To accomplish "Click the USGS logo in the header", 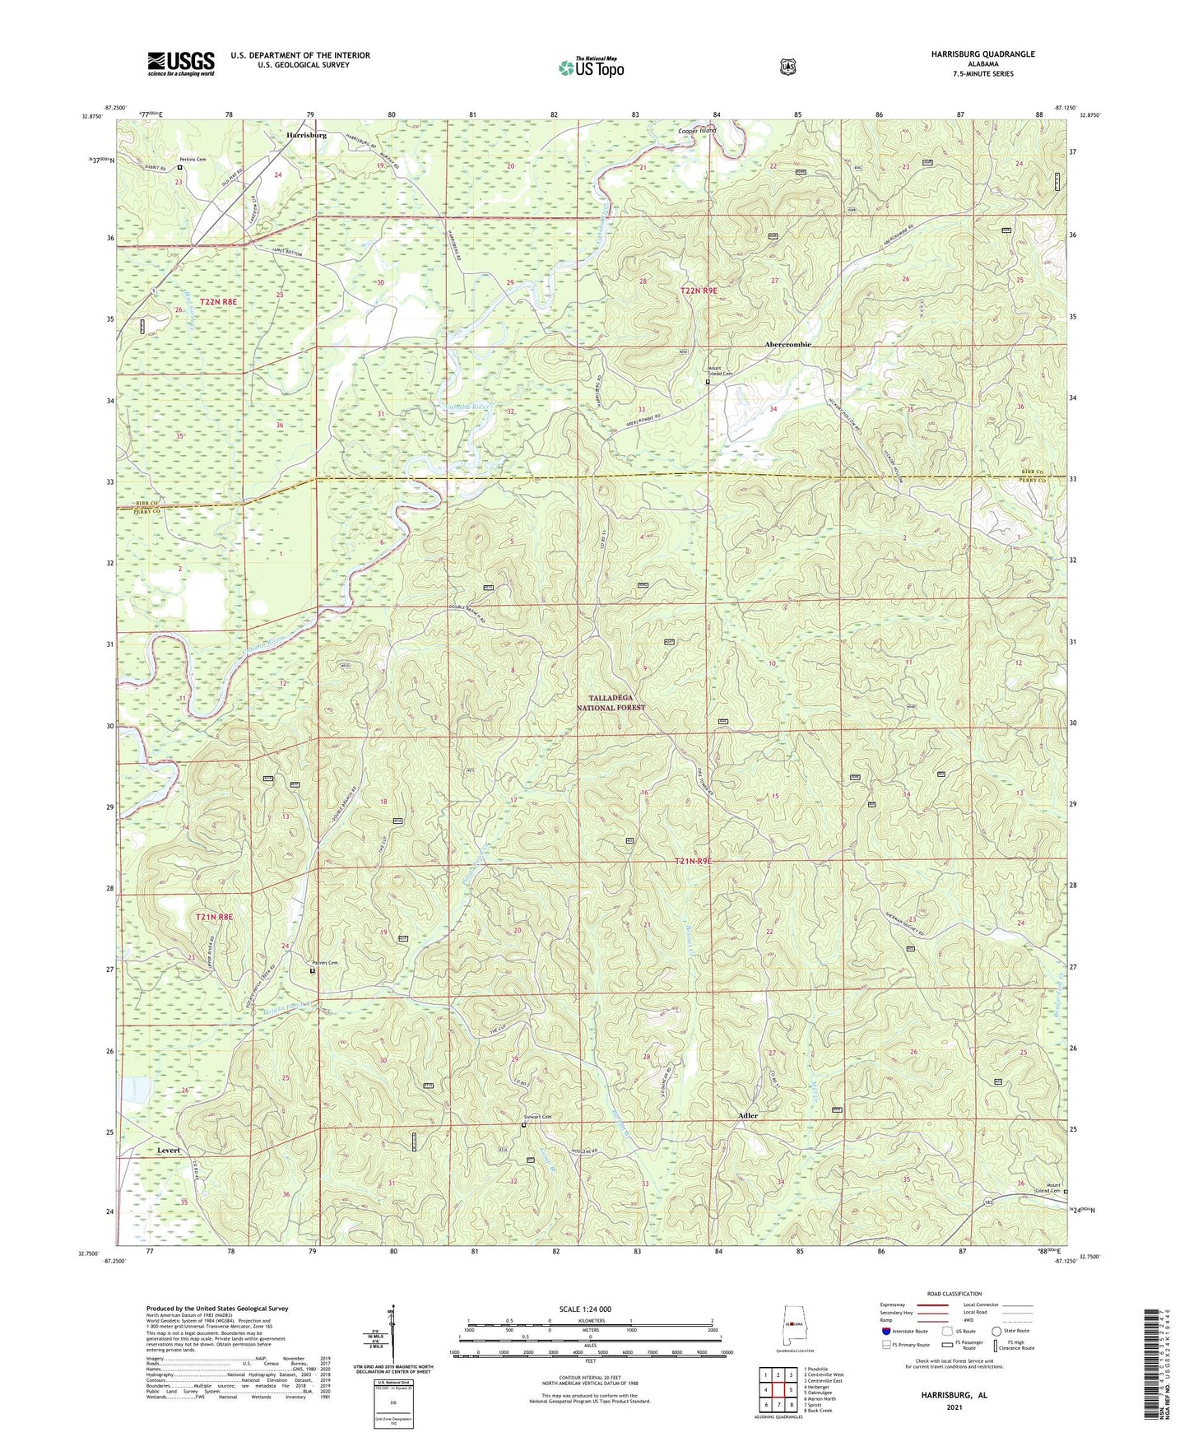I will pyautogui.click(x=181, y=63).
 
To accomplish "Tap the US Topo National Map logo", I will pyautogui.click(x=590, y=67).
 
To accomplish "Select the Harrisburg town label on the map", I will pyautogui.click(x=306, y=133).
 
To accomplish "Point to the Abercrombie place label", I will pyautogui.click(x=787, y=344).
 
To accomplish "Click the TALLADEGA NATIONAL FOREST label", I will pyautogui.click(x=611, y=702).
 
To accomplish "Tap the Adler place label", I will pyautogui.click(x=748, y=1115).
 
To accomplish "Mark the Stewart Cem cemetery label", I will pyautogui.click(x=536, y=1117).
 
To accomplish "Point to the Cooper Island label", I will pyautogui.click(x=697, y=131).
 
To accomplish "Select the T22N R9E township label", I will pyautogui.click(x=699, y=291).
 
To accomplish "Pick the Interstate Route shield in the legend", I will pyautogui.click(x=886, y=1330).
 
